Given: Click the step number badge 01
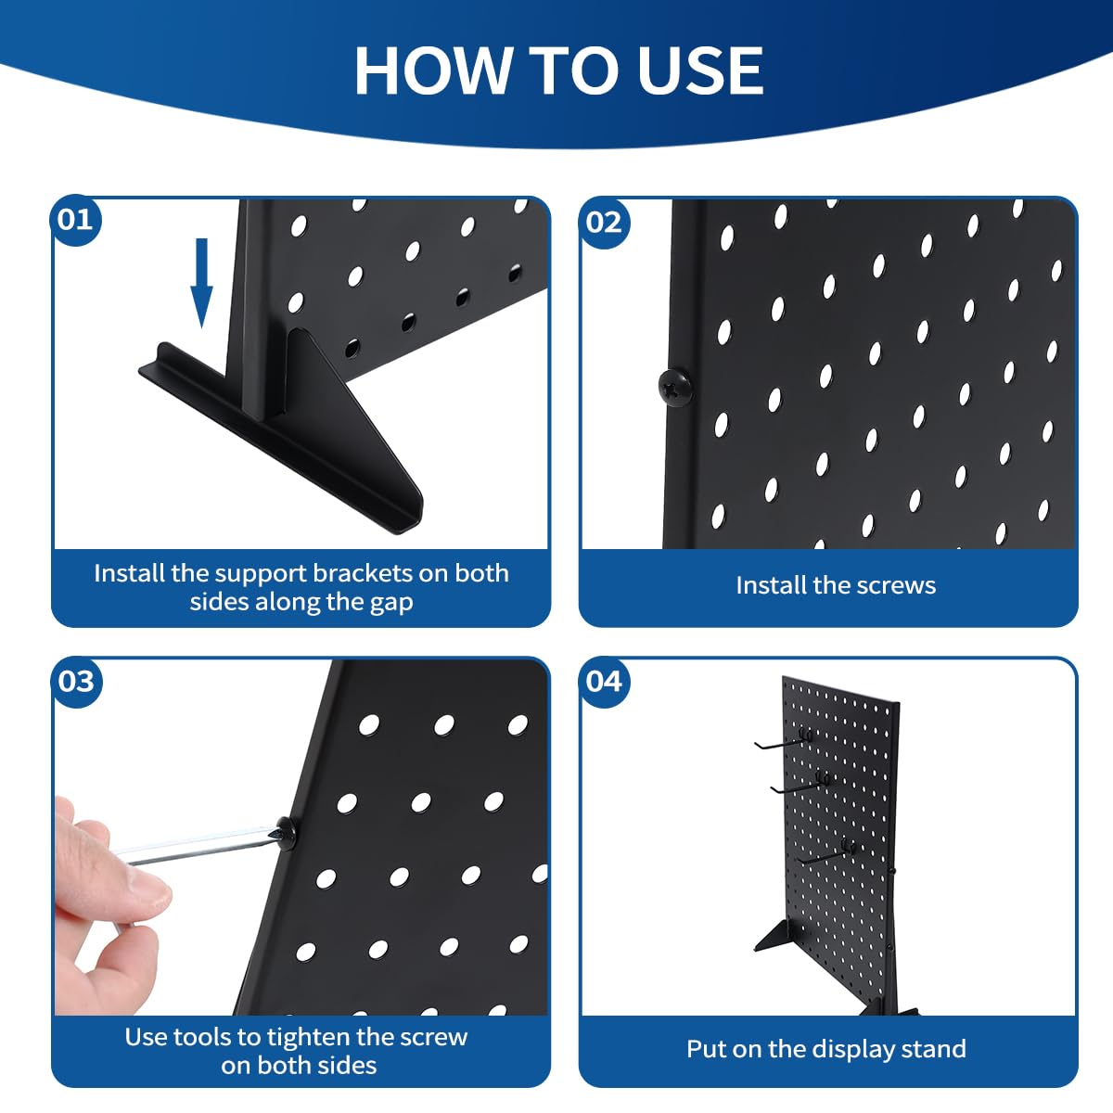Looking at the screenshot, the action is [x=76, y=220].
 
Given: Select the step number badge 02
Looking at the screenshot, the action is [x=604, y=223].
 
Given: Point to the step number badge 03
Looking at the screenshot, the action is [x=76, y=682].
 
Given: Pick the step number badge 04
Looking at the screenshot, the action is [x=604, y=682].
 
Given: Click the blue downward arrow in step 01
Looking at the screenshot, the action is [x=201, y=283].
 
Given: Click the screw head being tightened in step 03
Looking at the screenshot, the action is [x=288, y=832].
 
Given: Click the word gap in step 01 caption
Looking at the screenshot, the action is [x=391, y=604].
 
